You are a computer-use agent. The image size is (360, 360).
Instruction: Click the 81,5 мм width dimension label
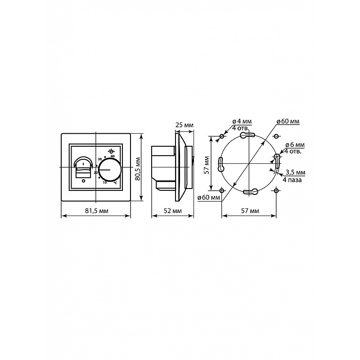pyautogui.click(x=97, y=211)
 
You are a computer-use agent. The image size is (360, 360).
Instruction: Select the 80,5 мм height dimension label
pyautogui.click(x=138, y=168)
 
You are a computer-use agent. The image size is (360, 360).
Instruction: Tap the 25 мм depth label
pyautogui.click(x=184, y=125)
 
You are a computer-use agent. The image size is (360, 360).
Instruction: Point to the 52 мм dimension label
pyautogui.click(x=172, y=211)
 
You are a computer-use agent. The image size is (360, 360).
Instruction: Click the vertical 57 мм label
pyautogui.click(x=207, y=165)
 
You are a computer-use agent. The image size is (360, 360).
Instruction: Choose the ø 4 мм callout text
pyautogui.click(x=242, y=121)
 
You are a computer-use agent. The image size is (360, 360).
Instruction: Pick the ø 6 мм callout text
pyautogui.click(x=295, y=145)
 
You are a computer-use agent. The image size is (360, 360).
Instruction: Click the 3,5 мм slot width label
pyautogui.click(x=295, y=172)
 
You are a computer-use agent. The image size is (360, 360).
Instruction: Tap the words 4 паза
pyautogui.click(x=292, y=180)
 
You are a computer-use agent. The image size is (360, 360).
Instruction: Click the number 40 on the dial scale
pyautogui.click(x=112, y=156)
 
